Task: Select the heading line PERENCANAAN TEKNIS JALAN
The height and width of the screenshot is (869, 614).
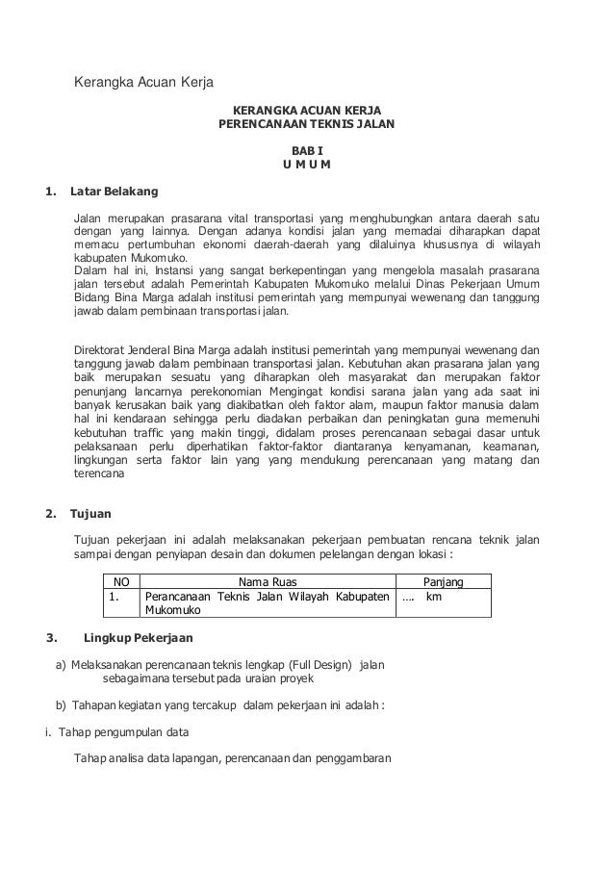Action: pos(306,125)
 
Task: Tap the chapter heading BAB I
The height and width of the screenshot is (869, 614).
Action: pos(306,151)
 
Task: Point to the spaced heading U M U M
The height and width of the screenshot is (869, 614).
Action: pos(306,164)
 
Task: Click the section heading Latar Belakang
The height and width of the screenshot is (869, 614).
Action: pos(114,190)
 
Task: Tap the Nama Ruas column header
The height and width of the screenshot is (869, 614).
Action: pos(268,582)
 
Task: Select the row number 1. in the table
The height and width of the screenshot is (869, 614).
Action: pos(115,597)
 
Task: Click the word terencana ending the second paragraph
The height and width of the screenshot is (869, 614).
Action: pos(99,474)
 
